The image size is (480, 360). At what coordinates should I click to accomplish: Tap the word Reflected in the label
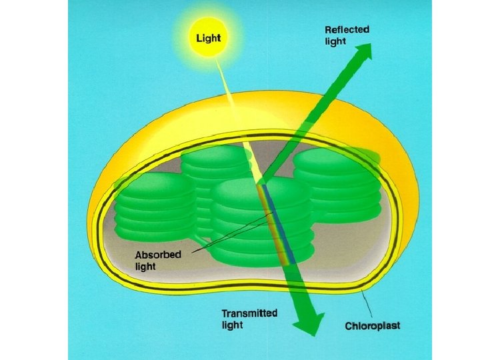(x=347, y=30)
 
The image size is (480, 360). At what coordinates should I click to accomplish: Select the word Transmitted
(x=249, y=313)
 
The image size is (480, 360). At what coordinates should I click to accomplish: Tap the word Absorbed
(x=157, y=255)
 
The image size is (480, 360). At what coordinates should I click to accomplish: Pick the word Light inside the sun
(x=208, y=37)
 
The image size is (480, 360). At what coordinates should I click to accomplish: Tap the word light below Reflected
(x=335, y=41)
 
